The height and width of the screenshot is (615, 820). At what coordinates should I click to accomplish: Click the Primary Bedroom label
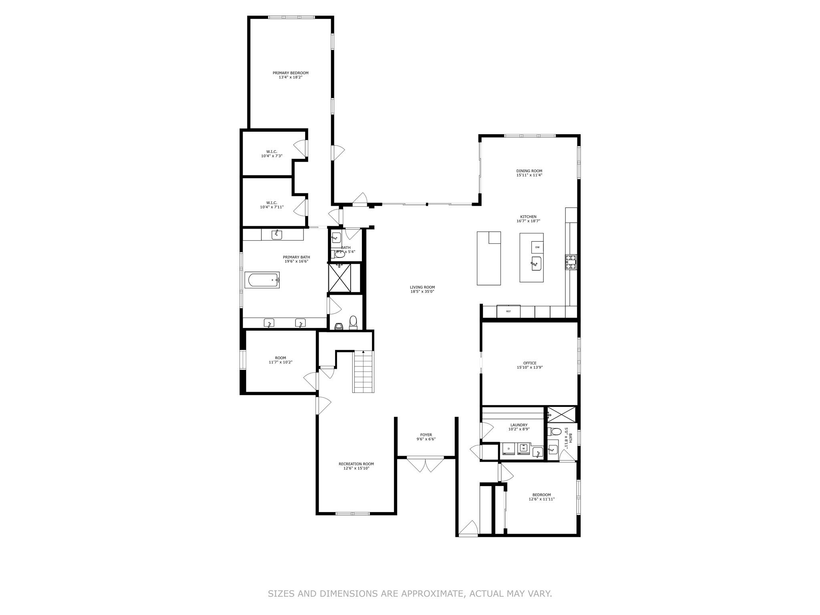click(290, 73)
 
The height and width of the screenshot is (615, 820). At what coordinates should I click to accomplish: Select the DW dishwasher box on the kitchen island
click(537, 247)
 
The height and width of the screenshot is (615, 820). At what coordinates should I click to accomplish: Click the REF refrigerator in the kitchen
click(508, 311)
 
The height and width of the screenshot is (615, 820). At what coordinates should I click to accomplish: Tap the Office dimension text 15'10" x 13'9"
click(530, 367)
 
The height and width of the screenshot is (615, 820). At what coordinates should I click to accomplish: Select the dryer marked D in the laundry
click(508, 449)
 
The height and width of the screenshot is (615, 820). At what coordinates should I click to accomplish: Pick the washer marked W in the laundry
click(523, 449)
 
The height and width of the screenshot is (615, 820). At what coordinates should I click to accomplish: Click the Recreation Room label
click(356, 464)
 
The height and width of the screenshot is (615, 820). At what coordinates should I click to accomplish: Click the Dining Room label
click(529, 171)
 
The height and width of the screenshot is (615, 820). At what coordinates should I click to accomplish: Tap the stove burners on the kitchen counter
click(571, 262)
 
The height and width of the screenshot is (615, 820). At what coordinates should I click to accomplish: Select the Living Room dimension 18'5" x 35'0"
click(422, 291)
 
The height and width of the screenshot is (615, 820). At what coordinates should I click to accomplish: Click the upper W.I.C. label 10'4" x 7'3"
click(271, 156)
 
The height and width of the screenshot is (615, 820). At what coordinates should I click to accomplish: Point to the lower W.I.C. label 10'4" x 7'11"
click(271, 207)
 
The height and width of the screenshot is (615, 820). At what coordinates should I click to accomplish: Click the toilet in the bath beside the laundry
click(555, 432)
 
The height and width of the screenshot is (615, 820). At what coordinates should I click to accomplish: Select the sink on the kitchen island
click(536, 263)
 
